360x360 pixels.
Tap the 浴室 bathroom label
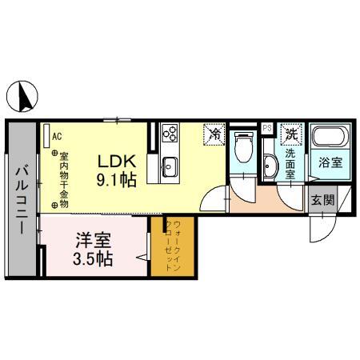[330, 162]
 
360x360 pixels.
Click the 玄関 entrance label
[322, 200]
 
